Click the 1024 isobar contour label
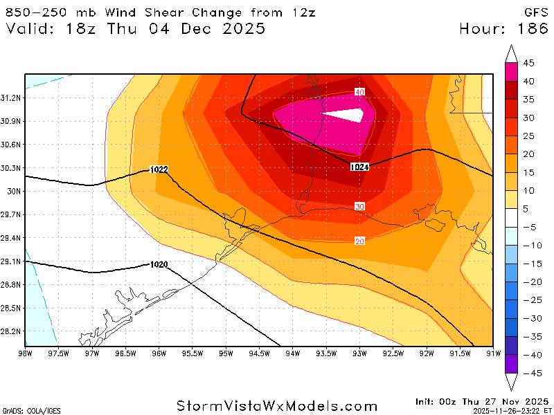pos(359,167)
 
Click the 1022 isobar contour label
pos(159,169)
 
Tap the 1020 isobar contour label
pos(159,264)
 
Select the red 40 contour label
pos(359,92)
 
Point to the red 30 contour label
pos(359,207)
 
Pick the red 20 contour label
pos(359,240)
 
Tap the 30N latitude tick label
pos(14,191)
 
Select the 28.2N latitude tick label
pos(12,331)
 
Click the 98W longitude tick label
pos(26,353)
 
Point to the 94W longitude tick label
pos(292,353)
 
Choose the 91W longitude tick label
pos(492,353)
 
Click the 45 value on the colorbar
pos(528,63)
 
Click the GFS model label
pos(537,12)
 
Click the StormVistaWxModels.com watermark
pos(277,406)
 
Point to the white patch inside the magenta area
pos(346,116)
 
